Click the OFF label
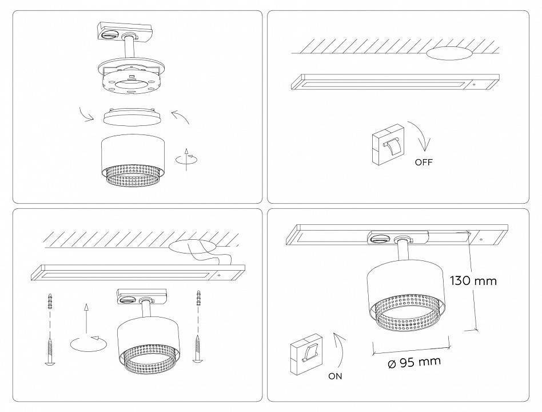coord(424,162)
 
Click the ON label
coord(335,376)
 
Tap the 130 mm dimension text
coord(473,280)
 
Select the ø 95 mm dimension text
coord(414,362)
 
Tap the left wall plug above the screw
coord(50,302)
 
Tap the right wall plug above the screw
coord(199,298)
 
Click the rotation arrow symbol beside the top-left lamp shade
coord(186,160)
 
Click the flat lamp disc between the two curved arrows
coord(133,116)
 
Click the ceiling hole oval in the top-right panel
coord(449,53)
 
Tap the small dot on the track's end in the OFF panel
coord(475,84)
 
